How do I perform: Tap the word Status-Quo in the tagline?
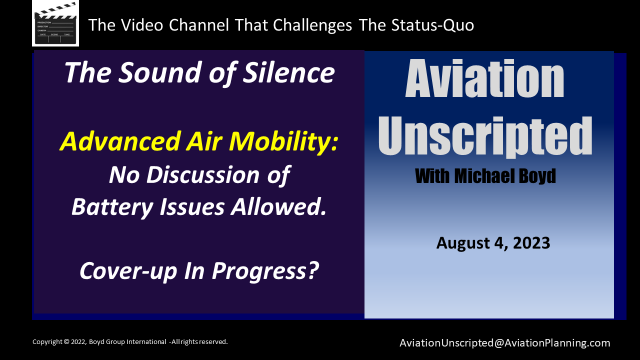click(x=432, y=25)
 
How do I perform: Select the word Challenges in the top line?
click(x=312, y=25)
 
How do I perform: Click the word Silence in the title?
click(x=289, y=72)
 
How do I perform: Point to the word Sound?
click(x=160, y=72)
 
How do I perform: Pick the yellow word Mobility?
click(x=283, y=141)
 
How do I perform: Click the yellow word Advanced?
click(x=120, y=141)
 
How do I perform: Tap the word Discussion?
click(x=203, y=174)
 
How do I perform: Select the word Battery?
click(x=112, y=207)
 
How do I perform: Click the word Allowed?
click(x=278, y=207)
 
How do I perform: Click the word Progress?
click(x=265, y=271)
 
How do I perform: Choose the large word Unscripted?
click(x=485, y=136)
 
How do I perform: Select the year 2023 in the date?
click(x=531, y=243)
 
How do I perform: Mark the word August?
click(x=463, y=243)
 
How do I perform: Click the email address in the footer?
click(x=505, y=343)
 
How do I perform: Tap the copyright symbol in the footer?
click(x=66, y=341)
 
